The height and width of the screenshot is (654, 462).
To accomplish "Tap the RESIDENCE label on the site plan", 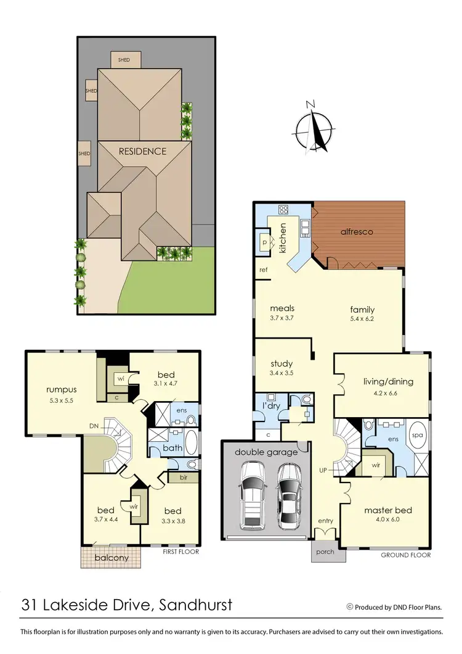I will tap(142, 151).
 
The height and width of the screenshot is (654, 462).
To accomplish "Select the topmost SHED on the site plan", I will tap(126, 59).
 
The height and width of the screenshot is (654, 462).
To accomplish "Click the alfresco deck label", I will tap(357, 233).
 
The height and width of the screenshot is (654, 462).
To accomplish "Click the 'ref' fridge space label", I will tap(264, 270).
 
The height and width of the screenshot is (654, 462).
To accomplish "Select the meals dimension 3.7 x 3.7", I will tap(281, 318).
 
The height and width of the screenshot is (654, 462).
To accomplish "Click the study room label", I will tap(282, 363).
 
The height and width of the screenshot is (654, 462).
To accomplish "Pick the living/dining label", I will tap(388, 381).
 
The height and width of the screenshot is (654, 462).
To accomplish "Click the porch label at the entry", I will tap(325, 552).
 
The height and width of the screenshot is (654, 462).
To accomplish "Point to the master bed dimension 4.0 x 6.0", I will tap(388, 520).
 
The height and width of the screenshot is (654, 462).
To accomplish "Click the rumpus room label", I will tap(61, 389).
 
